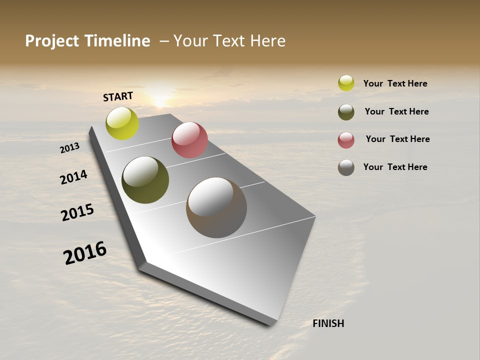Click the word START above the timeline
pyautogui.click(x=118, y=96)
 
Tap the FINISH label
pyautogui.click(x=328, y=323)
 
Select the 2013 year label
pyautogui.click(x=69, y=148)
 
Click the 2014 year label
pyautogui.click(x=73, y=177)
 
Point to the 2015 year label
pyautogui.click(x=77, y=212)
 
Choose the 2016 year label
pyautogui.click(x=85, y=252)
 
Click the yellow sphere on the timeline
pyautogui.click(x=122, y=123)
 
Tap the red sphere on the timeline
pyautogui.click(x=189, y=140)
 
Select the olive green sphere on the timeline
pyautogui.click(x=145, y=180)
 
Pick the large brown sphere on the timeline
pyautogui.click(x=216, y=207)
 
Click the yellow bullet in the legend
pyautogui.click(x=346, y=83)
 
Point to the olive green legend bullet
pyautogui.click(x=346, y=111)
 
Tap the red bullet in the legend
pyautogui.click(x=346, y=139)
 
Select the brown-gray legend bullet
pyautogui.click(x=346, y=167)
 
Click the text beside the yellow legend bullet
pyautogui.click(x=395, y=83)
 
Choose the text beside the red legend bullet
pyautogui.click(x=397, y=139)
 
